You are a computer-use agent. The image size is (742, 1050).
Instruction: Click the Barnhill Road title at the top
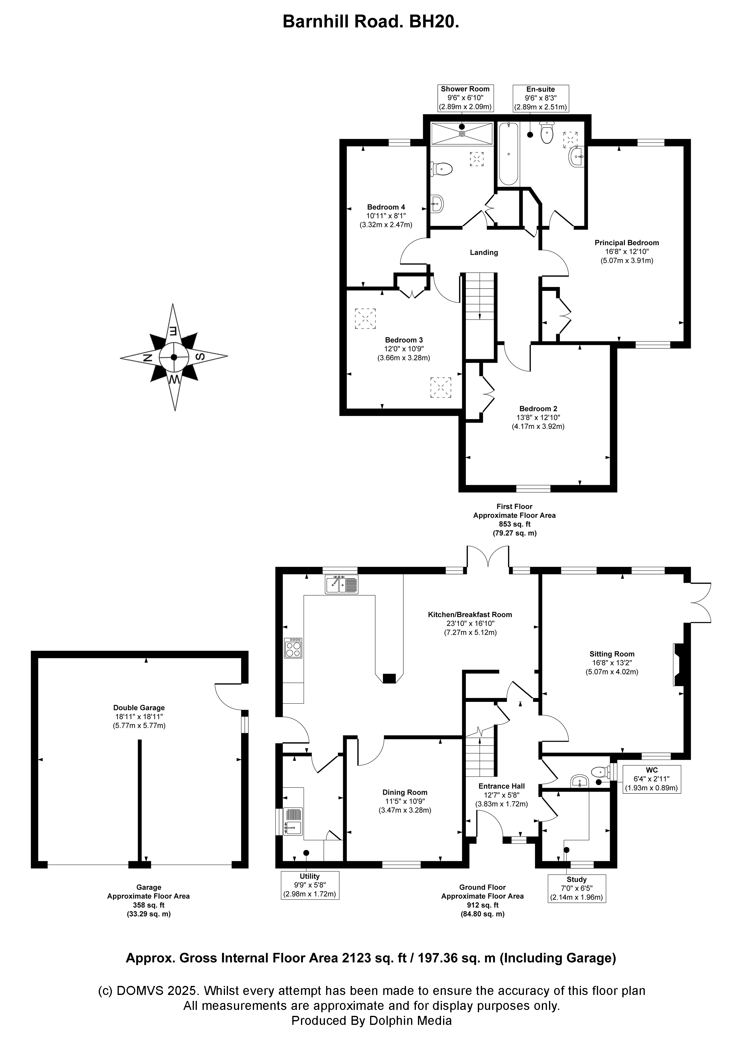tap(371, 22)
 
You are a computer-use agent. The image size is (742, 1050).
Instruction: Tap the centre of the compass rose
tap(174, 357)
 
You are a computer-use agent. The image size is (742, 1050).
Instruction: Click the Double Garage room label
tap(139, 708)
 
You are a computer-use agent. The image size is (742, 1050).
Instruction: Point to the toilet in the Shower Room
tap(442, 170)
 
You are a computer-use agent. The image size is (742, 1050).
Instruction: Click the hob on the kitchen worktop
tap(293, 648)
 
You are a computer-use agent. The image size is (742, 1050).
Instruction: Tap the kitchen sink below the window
tap(342, 585)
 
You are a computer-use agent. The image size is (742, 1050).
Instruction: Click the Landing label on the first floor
tap(484, 252)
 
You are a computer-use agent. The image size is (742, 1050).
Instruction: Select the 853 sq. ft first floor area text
tap(514, 524)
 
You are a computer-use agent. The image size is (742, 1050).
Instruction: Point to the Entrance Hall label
tap(501, 786)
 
